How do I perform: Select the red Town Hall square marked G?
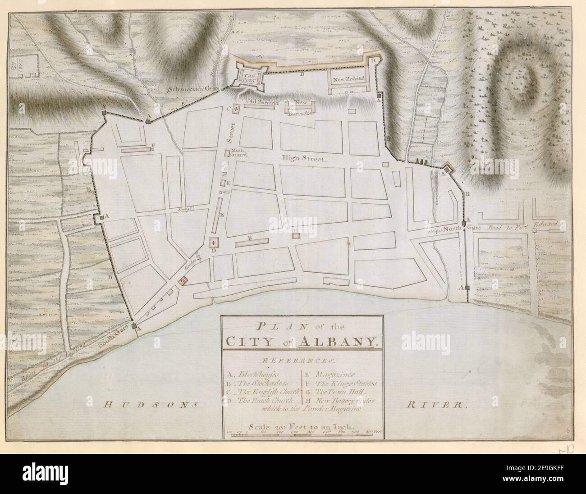[x=183, y=281]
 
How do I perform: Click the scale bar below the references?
[x=303, y=432]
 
